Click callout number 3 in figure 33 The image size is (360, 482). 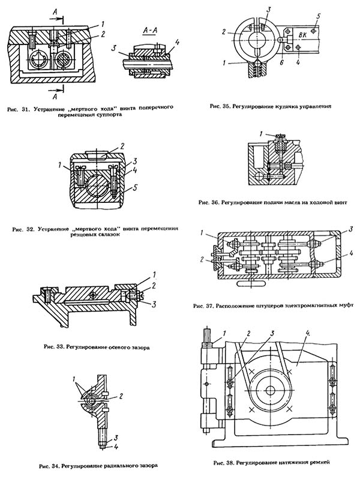pyautogui.click(x=155, y=305)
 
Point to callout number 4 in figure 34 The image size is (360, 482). pyautogui.click(x=115, y=446)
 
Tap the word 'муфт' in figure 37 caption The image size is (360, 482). pyautogui.click(x=346, y=305)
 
